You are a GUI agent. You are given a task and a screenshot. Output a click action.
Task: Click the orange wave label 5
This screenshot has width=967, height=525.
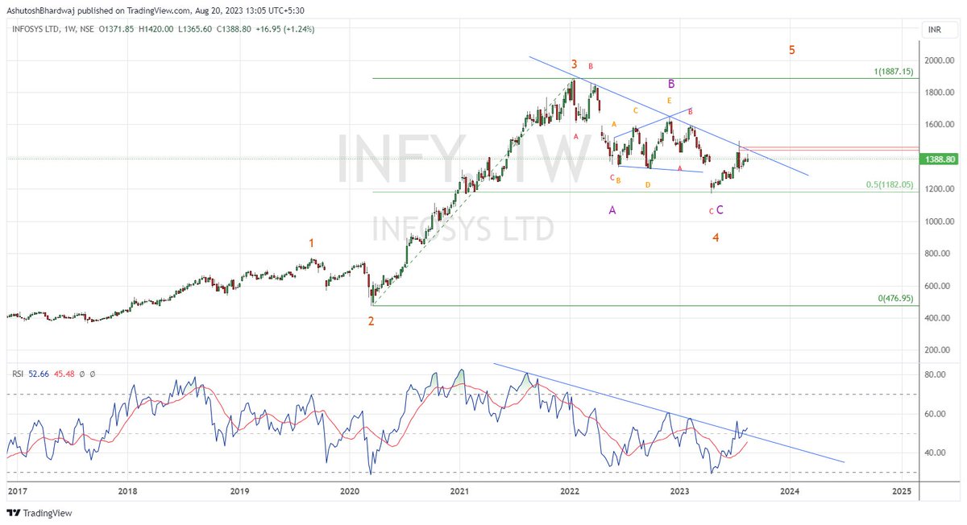(x=792, y=50)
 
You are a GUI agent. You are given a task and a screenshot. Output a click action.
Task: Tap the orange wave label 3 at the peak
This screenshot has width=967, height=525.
(x=574, y=64)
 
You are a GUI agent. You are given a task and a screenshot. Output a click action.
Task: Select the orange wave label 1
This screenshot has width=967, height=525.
(x=312, y=242)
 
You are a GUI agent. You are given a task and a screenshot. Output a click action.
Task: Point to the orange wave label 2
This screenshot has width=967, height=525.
(x=371, y=321)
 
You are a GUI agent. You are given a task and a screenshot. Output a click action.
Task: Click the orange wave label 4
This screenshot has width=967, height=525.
(x=716, y=238)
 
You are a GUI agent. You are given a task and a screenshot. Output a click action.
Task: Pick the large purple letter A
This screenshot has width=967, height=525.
(x=612, y=210)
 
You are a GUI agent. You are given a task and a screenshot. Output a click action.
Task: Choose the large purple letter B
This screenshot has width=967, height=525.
(x=670, y=83)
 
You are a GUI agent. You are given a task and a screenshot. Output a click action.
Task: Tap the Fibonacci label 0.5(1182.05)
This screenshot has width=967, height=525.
(x=890, y=184)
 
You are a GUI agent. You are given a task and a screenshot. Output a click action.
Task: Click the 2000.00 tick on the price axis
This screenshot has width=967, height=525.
(x=939, y=60)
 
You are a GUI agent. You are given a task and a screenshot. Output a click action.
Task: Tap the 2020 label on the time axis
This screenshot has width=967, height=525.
(x=350, y=490)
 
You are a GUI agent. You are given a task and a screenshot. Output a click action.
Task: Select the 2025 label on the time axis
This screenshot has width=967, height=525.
(x=902, y=490)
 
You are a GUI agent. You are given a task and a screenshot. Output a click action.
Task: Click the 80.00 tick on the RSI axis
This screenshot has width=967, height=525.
(x=935, y=375)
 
